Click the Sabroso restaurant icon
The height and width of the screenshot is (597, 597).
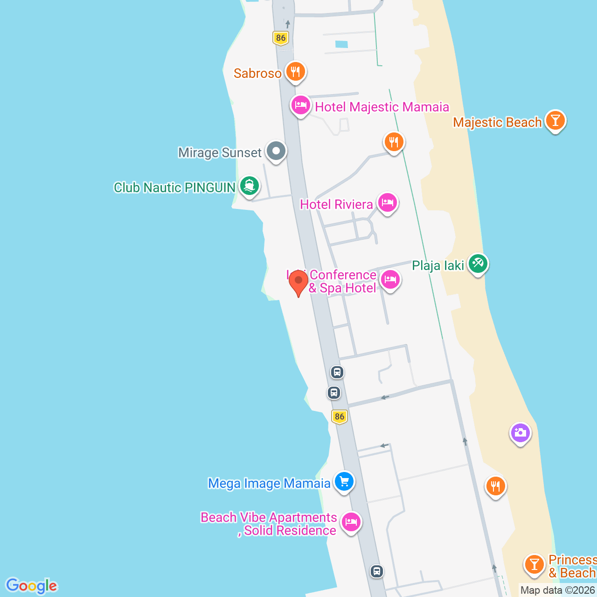[295, 72]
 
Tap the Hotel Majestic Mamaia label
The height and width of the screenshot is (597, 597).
[382, 107]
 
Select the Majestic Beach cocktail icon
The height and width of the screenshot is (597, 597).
[555, 120]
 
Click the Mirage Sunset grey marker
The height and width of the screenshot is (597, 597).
[276, 151]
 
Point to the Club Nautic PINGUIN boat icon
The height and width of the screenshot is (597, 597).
[250, 186]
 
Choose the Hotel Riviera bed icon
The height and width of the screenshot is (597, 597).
[387, 203]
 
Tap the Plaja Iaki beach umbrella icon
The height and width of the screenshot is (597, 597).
[478, 264]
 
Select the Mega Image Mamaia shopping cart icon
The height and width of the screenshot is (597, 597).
[344, 481]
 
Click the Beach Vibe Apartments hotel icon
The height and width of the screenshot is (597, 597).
[351, 521]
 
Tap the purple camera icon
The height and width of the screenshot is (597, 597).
[520, 433]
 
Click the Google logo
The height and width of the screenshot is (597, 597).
[32, 585]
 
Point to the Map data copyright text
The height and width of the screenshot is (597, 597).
[558, 590]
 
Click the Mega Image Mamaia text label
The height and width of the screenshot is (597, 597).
[269, 483]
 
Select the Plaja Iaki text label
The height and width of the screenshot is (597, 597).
[438, 265]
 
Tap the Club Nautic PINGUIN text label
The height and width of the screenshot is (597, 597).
[174, 187]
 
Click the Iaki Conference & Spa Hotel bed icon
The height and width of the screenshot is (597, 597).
[390, 280]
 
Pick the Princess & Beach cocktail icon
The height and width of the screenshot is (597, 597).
[534, 564]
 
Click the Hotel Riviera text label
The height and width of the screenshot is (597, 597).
[336, 204]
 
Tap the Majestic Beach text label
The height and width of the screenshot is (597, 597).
[497, 122]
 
